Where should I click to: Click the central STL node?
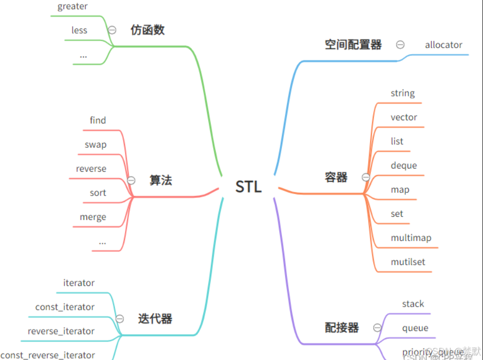tap(248, 186)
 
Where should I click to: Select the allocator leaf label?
tap(443, 45)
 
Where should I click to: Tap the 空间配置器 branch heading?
tap(353, 45)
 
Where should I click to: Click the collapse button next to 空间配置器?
tap(400, 45)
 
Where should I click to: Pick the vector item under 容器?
tap(404, 117)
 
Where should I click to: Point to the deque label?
tap(404, 166)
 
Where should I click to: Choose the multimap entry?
tap(411, 238)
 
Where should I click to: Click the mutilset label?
tap(408, 262)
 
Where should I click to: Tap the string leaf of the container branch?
tap(403, 93)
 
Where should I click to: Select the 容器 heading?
tap(336, 177)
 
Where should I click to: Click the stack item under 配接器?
tap(413, 304)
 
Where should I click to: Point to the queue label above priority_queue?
tap(415, 328)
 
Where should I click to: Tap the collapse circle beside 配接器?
tap(377, 328)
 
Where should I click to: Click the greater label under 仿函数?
tap(73, 7)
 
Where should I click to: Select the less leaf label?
tap(79, 30)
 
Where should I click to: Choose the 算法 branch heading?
tap(160, 180)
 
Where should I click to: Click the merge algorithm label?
tap(93, 217)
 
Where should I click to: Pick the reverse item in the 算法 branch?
tap(91, 169)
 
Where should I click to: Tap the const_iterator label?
tap(65, 307)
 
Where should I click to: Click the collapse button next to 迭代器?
tap(120, 319)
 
